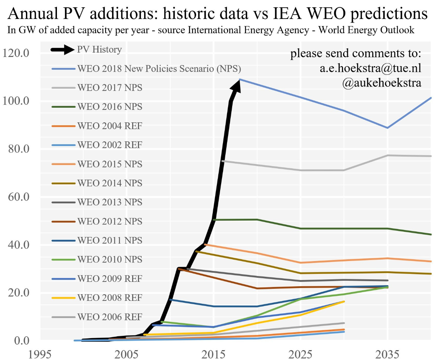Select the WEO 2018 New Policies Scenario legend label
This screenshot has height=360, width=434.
(x=159, y=69)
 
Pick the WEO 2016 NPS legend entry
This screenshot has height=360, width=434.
(x=110, y=107)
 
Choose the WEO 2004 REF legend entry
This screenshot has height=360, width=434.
(x=110, y=126)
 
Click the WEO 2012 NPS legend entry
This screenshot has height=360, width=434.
(x=110, y=221)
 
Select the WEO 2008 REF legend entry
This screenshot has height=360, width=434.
(x=110, y=298)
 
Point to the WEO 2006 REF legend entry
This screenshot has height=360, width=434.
(x=110, y=317)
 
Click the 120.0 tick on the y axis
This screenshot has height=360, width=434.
(x=21, y=53)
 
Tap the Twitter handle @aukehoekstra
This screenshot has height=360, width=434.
(x=382, y=83)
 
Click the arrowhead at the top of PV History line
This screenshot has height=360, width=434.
(x=237, y=85)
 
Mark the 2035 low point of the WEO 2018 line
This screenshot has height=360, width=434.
(x=387, y=128)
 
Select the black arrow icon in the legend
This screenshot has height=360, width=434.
(x=64, y=50)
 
